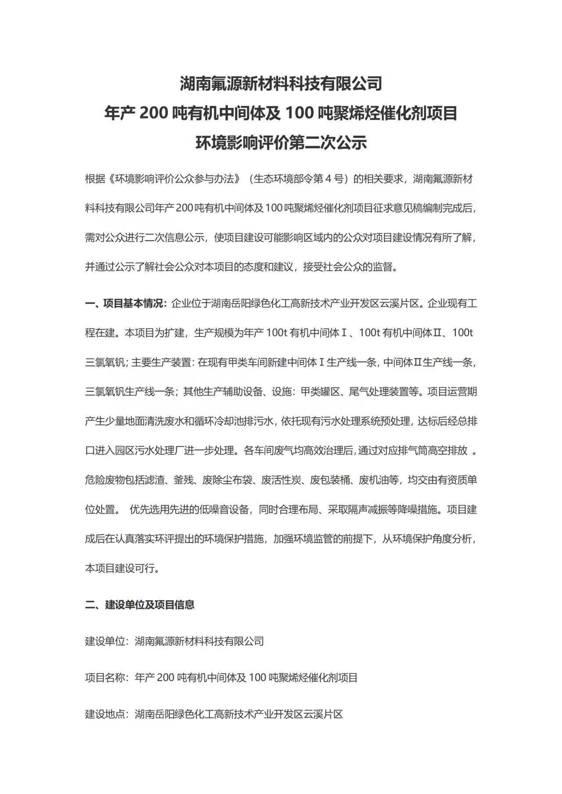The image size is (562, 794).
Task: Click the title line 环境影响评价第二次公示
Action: pos(281,143)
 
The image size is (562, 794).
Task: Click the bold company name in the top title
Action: pos(281,83)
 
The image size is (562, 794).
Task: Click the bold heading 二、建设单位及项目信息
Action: pos(140,605)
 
